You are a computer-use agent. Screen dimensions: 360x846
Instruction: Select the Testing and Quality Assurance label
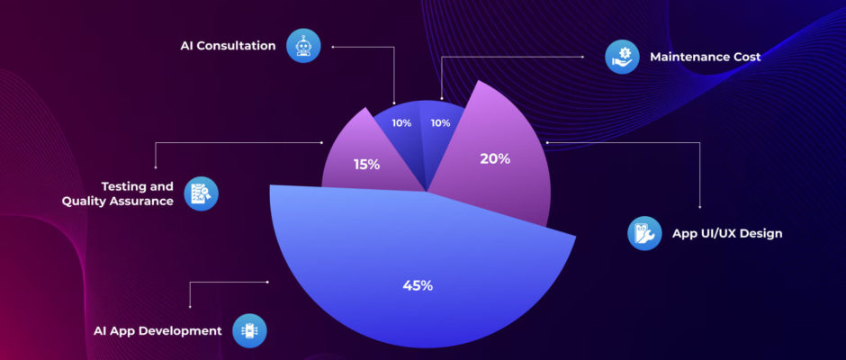pos(117,193)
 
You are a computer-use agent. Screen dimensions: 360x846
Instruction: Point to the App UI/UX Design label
pos(727,233)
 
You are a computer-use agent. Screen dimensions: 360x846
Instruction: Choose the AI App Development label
pos(157,330)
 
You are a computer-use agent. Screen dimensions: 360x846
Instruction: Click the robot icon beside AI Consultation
pos(303,45)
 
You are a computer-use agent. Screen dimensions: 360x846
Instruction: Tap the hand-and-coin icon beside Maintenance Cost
pos(622,56)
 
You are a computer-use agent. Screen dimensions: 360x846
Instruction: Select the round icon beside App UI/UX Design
pos(644,233)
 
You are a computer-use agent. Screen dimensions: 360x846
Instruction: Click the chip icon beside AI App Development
pos(249,330)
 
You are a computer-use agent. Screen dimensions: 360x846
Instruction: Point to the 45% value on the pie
pos(418,285)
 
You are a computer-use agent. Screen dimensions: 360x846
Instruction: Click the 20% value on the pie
pos(495,158)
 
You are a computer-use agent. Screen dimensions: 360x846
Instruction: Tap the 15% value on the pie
pos(366,165)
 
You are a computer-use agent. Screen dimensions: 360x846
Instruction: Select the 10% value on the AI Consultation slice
pos(401,123)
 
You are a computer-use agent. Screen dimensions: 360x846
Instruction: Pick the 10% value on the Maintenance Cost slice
pos(441,123)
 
